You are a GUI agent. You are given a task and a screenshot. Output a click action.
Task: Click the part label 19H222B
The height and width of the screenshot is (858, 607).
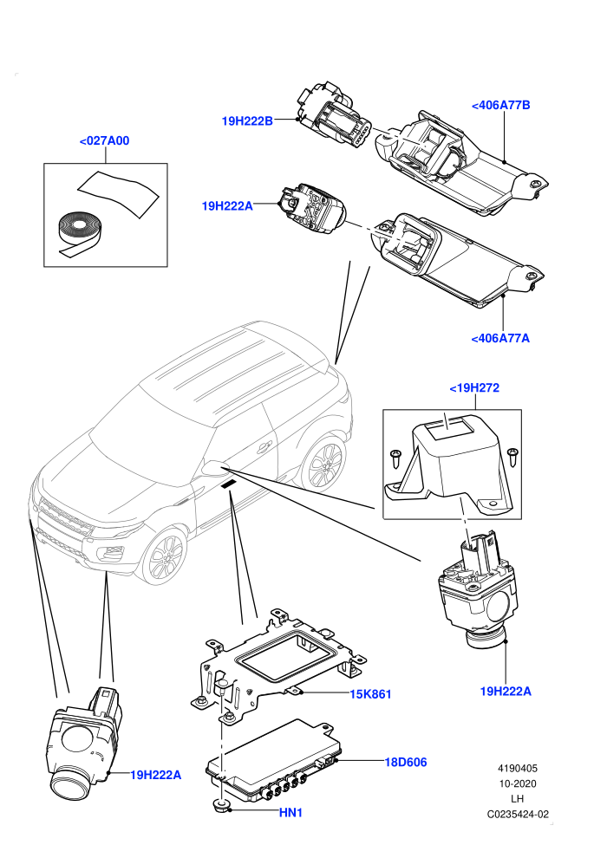247,121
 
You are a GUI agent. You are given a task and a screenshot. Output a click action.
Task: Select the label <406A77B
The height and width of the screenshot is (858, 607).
501,105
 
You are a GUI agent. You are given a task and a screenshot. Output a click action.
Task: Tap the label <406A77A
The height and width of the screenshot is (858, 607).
500,338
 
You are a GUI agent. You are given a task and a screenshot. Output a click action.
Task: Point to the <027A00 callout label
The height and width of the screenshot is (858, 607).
105,140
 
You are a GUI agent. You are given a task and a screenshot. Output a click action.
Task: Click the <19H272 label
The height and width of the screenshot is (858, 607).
474,388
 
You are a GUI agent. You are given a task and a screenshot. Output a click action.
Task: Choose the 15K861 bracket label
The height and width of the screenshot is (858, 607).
370,694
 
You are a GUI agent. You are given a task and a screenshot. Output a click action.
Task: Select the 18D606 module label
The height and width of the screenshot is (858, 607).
406,763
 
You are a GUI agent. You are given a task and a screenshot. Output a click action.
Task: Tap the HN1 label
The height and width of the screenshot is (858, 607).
290,813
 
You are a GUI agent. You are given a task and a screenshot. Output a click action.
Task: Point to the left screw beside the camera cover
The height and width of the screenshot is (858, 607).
395,458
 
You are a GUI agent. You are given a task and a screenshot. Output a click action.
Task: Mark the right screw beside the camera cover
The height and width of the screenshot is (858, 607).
512,457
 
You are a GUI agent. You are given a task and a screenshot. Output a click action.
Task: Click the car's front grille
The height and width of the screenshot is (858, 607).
64,517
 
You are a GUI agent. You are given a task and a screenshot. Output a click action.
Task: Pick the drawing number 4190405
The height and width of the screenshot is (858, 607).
517,768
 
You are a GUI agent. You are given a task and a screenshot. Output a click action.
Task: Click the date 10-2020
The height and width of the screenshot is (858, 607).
517,783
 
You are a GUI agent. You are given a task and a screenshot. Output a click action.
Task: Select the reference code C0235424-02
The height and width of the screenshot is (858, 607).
518,814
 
